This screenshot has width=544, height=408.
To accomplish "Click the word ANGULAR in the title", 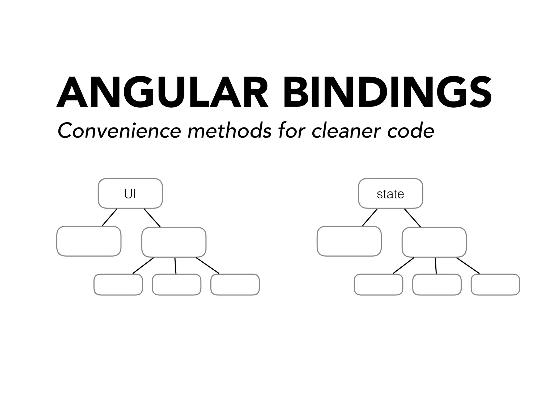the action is tap(162, 92).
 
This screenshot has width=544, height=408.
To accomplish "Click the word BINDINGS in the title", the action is tap(387, 92).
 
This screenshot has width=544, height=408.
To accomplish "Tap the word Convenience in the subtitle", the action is tap(119, 131).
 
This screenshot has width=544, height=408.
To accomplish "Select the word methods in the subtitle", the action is tap(229, 131).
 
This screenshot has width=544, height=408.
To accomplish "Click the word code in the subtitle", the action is tap(411, 131).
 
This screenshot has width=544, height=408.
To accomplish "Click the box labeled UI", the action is tap(130, 193).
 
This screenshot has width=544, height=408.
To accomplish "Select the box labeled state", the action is tap(390, 193).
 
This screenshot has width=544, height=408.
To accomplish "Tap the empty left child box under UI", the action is tap(89, 241).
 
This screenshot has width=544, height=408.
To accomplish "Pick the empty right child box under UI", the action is tap(174, 242).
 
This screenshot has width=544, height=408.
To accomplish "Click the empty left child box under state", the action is tap(349, 241).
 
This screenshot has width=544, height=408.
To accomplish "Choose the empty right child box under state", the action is tap(434, 242).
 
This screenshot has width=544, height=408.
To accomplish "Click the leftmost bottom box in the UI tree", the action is tap(118, 284).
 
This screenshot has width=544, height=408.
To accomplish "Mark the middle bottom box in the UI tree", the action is tap(177, 284).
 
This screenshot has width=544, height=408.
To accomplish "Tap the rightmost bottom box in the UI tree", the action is tap(235, 284).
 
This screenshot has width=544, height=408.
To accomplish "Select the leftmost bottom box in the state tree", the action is tap(379, 284).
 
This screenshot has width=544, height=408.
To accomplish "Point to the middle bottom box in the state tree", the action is tap(437, 284).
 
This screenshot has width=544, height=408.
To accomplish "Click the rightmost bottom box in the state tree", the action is tap(495, 284).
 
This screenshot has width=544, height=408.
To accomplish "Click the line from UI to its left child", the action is tap(110, 217).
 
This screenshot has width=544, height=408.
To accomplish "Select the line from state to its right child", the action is tap(413, 218).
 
